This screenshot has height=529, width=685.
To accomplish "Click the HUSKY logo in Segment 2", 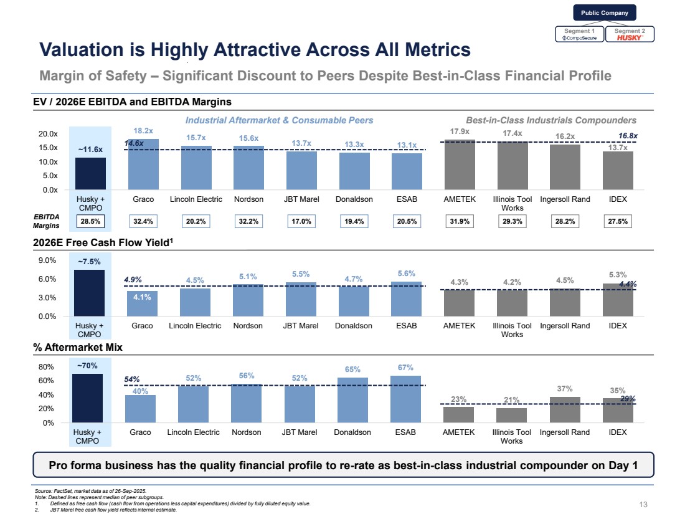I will tap(630, 37).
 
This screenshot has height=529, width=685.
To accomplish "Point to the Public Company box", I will tap(604, 12).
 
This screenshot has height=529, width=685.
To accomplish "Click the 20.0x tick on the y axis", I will tap(47, 134).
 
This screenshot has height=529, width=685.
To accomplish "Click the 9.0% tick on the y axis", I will tap(48, 260).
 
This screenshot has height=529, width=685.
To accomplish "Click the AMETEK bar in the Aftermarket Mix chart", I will tap(459, 414).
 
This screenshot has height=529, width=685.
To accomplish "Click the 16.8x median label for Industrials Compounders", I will tap(628, 135).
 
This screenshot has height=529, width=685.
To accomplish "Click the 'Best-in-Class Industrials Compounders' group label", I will tap(551, 120).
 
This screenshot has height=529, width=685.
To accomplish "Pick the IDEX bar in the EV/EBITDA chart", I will tap(618, 170).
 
